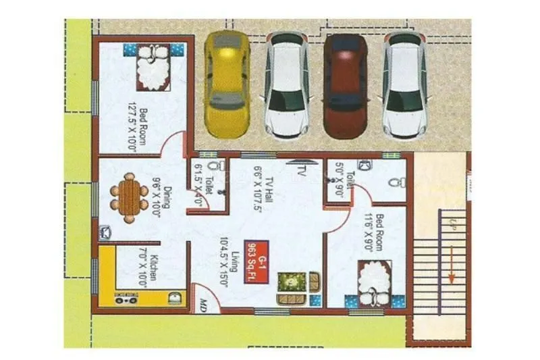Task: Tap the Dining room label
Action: (161, 201)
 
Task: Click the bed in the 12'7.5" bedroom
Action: (153, 66)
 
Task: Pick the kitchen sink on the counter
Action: (174, 298)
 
